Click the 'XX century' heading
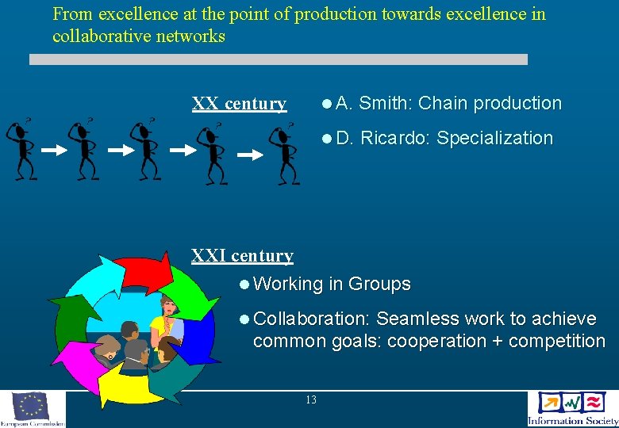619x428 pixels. (x=239, y=104)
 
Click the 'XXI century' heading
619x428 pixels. (x=242, y=256)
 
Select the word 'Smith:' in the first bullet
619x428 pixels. (x=386, y=103)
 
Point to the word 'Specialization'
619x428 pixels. (x=494, y=138)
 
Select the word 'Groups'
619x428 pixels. (x=379, y=284)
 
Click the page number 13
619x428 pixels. (x=310, y=400)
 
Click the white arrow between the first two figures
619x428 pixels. (x=53, y=149)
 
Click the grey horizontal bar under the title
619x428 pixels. (x=278, y=59)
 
